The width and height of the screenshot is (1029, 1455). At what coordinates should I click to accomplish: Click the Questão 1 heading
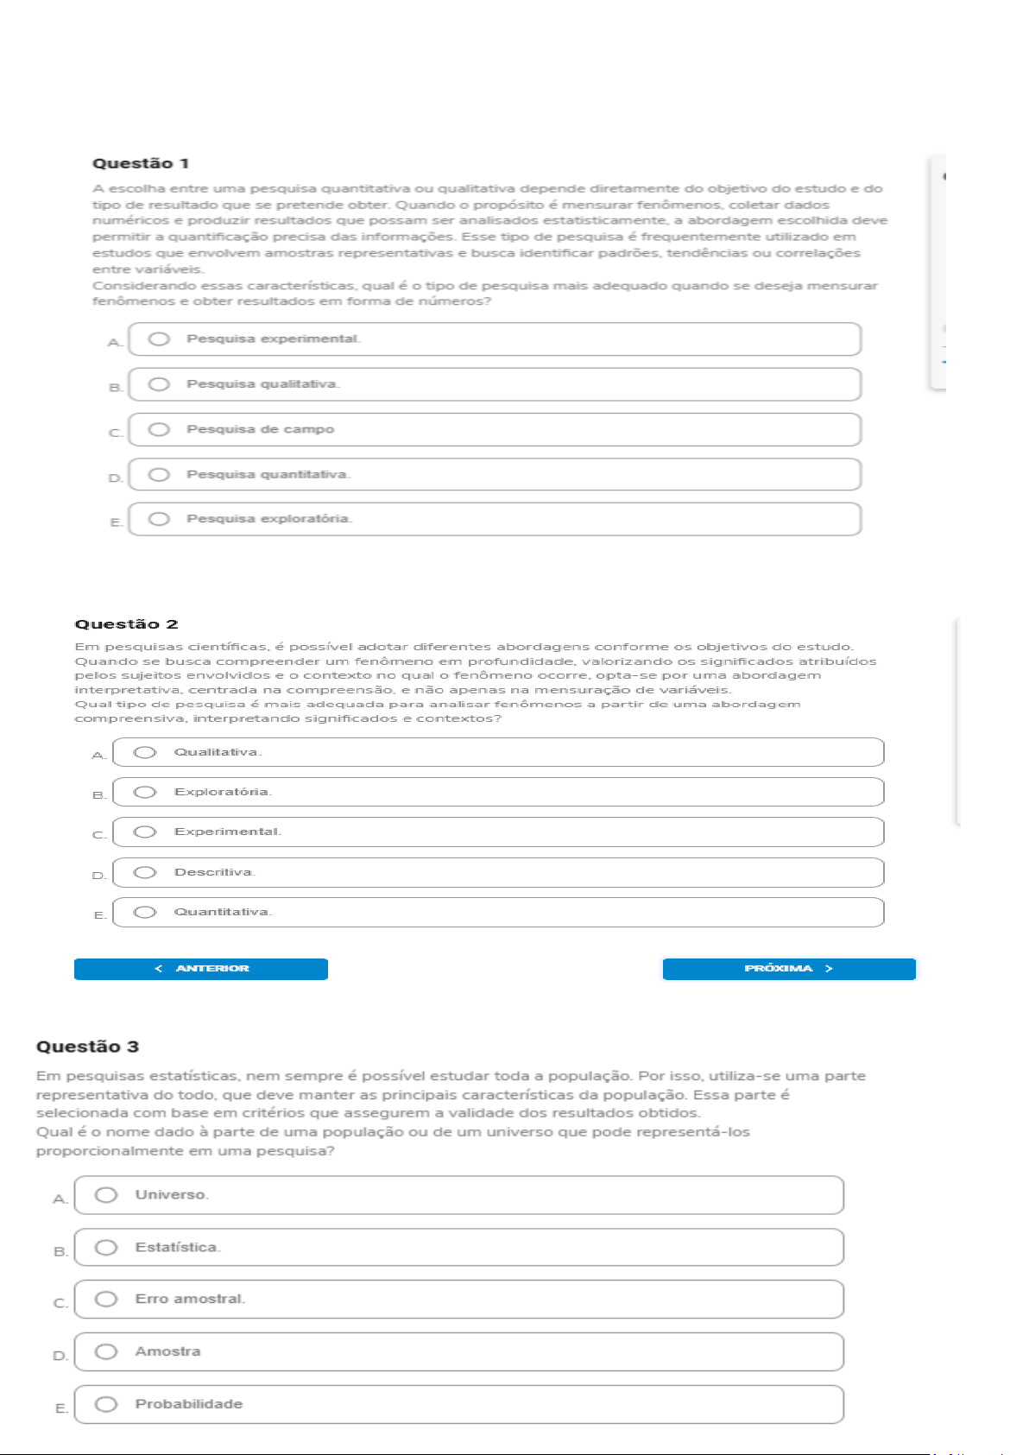(141, 163)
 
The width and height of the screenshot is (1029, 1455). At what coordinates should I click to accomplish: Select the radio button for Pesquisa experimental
(159, 338)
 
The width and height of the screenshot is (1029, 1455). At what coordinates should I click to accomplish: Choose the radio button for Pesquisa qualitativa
(159, 384)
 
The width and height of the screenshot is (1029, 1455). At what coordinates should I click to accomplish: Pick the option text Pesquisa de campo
(260, 429)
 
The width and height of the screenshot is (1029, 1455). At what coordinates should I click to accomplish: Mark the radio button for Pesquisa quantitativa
(159, 474)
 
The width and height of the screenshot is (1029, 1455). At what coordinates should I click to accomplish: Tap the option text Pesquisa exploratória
(269, 519)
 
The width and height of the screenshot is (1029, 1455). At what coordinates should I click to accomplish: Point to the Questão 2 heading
(126, 624)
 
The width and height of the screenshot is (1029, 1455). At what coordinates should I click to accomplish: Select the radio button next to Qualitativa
(145, 752)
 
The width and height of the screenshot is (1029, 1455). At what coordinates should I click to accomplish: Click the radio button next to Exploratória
(145, 792)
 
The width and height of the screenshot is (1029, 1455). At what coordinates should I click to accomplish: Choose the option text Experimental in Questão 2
(227, 832)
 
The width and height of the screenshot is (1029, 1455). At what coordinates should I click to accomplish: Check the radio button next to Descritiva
(145, 872)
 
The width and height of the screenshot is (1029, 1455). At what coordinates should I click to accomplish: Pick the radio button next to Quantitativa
(145, 912)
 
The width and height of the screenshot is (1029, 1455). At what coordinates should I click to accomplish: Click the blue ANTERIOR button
(201, 969)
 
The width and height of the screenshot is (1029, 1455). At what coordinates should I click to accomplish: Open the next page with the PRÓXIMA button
(788, 969)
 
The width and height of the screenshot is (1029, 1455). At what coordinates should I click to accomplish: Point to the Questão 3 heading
(87, 1047)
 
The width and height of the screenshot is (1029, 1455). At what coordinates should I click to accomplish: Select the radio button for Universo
(106, 1194)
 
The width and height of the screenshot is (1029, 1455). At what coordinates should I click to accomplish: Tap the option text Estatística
(178, 1247)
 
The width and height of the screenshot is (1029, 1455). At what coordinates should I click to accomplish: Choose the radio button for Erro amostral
(106, 1299)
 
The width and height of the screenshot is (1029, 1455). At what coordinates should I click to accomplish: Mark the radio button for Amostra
(106, 1351)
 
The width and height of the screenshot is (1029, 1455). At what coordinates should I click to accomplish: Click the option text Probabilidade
(188, 1404)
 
